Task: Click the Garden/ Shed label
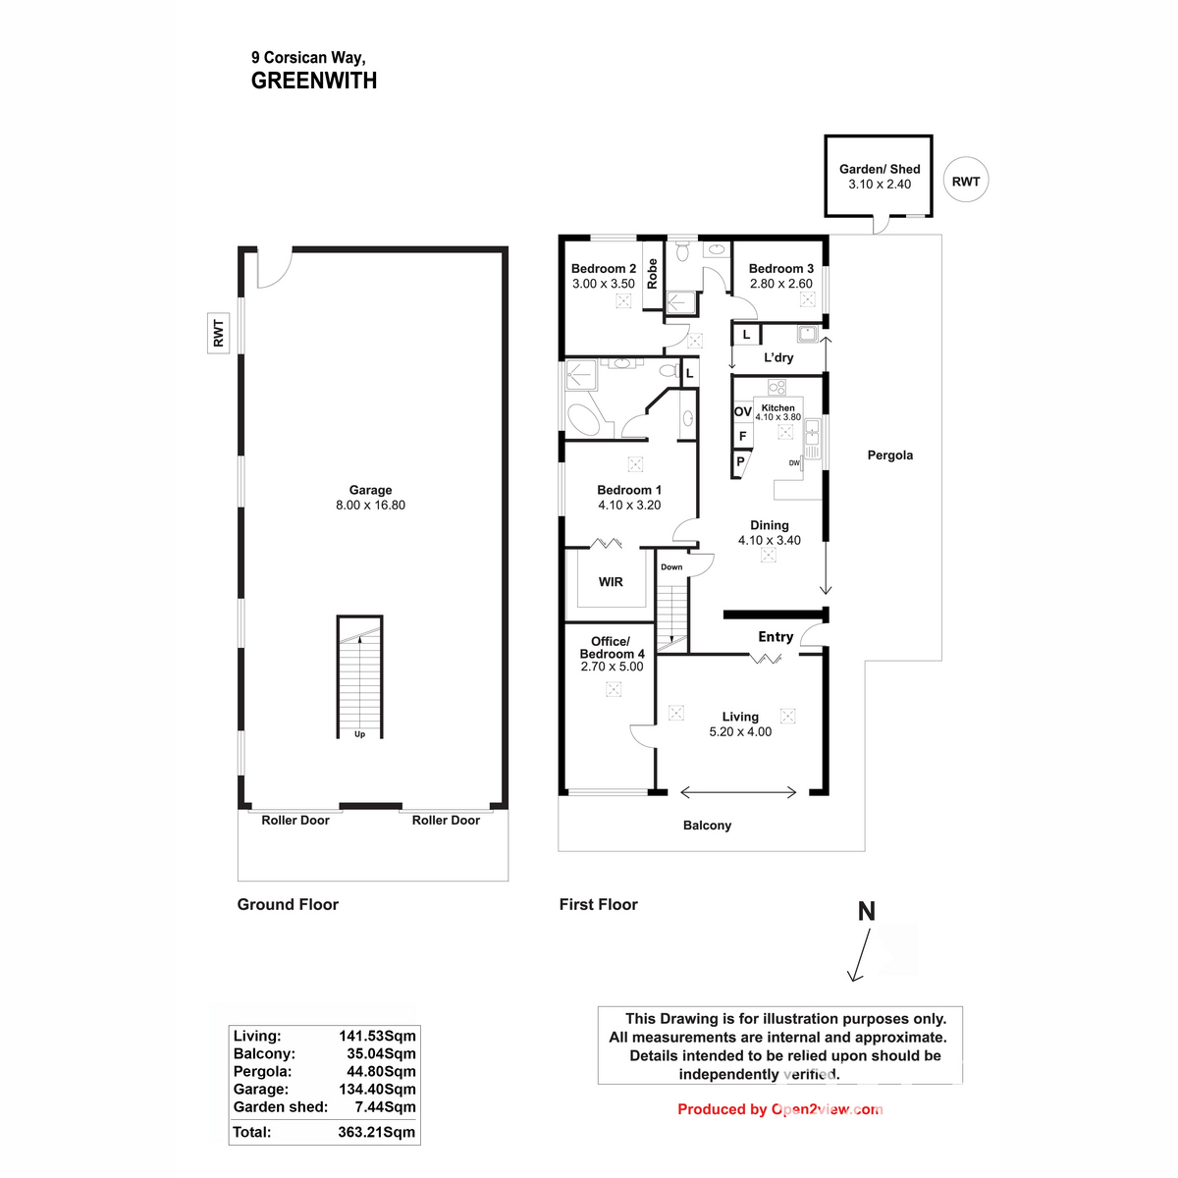coord(880,169)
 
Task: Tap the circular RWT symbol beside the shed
coord(965,182)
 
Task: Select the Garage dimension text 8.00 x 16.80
coord(370,506)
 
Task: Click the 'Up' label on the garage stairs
coord(359,734)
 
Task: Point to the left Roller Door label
coord(295,821)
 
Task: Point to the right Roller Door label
coord(446,821)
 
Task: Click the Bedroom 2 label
coord(604,269)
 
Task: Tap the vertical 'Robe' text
coord(652,273)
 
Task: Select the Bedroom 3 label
coord(780,269)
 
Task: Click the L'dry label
coord(778,358)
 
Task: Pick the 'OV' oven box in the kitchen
coord(743,412)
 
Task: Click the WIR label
coord(611,582)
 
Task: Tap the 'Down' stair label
coord(671,567)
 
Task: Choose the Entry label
coord(776,637)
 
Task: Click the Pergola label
coord(889,455)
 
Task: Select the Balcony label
coord(707,826)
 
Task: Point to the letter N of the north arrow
coord(866,912)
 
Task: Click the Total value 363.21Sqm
coord(376,1132)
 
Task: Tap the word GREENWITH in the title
coord(314,81)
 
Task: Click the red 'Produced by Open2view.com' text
coord(779,1109)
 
